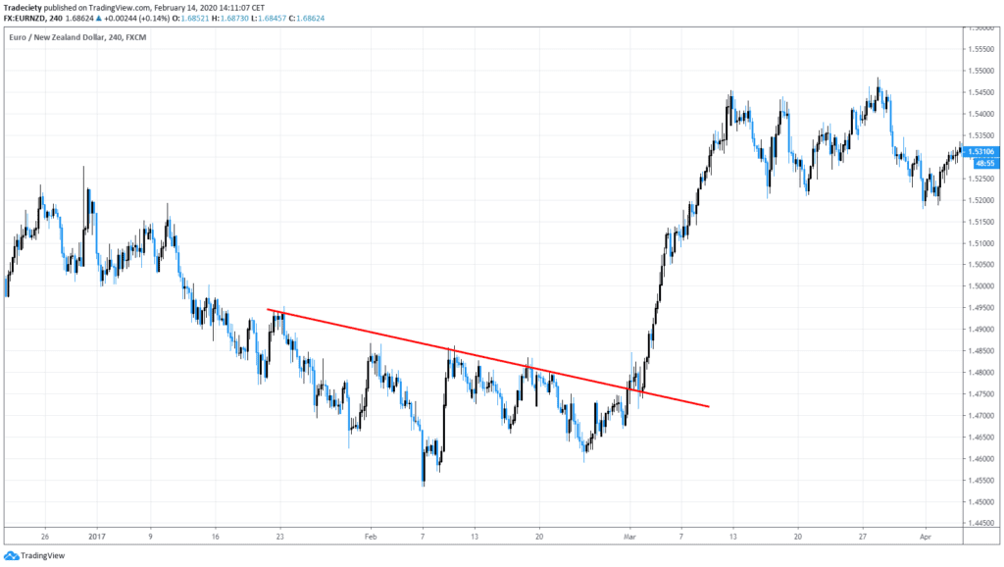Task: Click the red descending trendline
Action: coord(490,357)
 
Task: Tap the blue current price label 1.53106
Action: coord(980,151)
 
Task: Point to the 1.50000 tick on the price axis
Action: coord(980,286)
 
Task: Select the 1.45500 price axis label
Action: coord(980,481)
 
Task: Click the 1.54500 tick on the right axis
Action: coord(980,92)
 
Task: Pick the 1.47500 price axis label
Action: coord(980,394)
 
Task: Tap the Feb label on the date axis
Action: coord(370,537)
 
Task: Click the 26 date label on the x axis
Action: coord(45,537)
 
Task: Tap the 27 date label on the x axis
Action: coord(863,537)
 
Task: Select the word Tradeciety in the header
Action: coord(25,6)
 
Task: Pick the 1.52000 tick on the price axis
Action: coord(980,200)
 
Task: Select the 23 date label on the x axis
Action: coord(279,537)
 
